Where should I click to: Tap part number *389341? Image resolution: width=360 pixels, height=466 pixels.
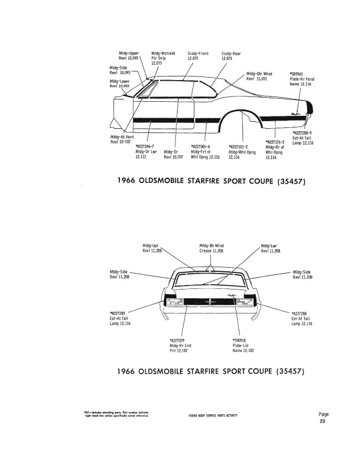click(297, 74)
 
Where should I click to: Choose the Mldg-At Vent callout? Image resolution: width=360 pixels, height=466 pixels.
click(121, 139)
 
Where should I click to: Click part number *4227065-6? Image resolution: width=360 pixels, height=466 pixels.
click(201, 145)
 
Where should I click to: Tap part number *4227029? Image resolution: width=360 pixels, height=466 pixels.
click(177, 341)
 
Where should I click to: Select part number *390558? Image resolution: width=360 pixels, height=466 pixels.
click(241, 341)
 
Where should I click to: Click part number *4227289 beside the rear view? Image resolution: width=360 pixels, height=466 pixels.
click(118, 314)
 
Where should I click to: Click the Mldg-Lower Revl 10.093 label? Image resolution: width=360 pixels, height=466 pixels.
click(120, 84)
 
